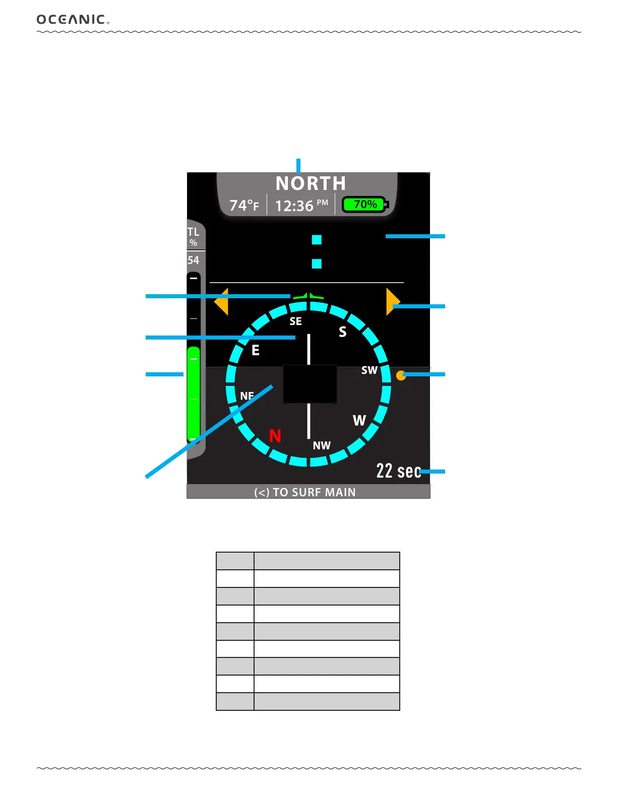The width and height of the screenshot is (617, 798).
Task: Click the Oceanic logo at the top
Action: coord(73,20)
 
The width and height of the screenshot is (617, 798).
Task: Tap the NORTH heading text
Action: coord(311,183)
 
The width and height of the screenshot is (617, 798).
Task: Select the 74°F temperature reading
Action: coord(244,206)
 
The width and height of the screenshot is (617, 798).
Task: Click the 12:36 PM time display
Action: coord(301,206)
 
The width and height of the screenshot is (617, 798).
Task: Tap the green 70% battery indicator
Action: coord(365,205)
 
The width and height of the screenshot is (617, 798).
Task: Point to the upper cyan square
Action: coord(317,240)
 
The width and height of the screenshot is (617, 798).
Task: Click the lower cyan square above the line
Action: coord(317,263)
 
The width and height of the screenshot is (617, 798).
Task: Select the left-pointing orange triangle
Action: coord(222,302)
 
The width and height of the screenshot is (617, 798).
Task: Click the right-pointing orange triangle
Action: coord(392,302)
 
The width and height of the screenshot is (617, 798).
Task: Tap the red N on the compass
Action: coord(275,436)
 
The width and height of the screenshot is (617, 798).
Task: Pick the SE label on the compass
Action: coord(296,321)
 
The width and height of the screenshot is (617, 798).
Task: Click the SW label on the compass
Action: coord(369,370)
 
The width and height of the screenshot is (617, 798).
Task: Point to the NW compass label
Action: coord(322,446)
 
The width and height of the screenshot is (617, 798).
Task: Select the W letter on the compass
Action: coord(359,421)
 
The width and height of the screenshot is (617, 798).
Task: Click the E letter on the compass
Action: coord(256,350)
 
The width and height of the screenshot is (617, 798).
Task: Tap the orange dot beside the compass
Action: coord(401,375)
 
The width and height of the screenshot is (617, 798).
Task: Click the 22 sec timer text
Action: coord(398,471)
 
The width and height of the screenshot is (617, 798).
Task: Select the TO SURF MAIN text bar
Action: coord(305,492)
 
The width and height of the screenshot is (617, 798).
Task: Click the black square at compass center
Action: coord(310,384)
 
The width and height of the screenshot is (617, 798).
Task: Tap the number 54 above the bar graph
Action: coord(194,260)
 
